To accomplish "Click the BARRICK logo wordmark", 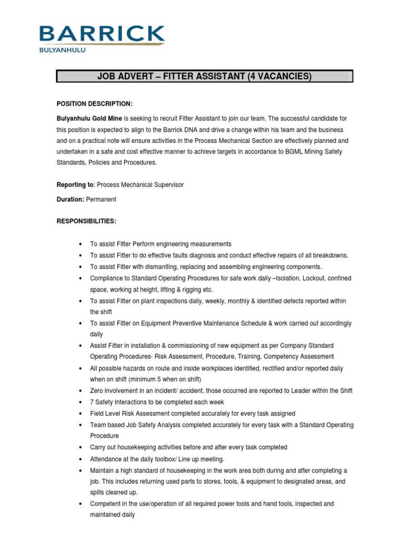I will (102, 34).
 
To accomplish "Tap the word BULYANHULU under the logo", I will (63, 50).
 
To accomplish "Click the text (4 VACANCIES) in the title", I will (277, 77).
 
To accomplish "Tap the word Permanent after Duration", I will (101, 200).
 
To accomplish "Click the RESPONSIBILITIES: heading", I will (86, 221).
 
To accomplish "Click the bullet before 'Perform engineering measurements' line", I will (79, 244).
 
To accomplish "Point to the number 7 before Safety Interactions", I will (92, 402).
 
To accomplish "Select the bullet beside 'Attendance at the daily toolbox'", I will (79, 459).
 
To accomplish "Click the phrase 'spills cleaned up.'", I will (114, 492).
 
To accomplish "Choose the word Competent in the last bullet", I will (106, 504).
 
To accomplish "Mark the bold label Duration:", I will (70, 200).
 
